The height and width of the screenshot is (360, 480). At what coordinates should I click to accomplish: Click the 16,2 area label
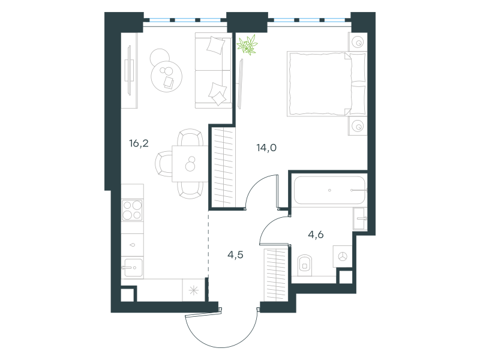tap(139, 143)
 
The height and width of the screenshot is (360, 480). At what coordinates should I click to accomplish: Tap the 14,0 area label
tap(266, 148)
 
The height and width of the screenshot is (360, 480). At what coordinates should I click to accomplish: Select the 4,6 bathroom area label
tap(316, 235)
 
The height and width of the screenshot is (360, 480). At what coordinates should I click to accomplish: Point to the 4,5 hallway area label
tap(235, 254)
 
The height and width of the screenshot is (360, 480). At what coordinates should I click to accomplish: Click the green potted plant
tap(247, 44)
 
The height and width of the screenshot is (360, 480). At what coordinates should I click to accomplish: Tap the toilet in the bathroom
tap(305, 265)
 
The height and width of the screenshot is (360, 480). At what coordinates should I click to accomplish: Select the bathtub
tap(329, 190)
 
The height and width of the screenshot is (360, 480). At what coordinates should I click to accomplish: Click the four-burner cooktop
tap(132, 210)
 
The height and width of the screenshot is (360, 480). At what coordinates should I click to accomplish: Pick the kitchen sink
tap(133, 268)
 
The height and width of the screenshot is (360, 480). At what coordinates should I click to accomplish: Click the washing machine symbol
tap(343, 256)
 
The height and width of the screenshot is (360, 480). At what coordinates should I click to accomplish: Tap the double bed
tap(327, 84)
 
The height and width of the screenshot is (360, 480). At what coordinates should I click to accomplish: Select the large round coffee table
tap(167, 76)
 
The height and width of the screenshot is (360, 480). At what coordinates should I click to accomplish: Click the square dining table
tap(190, 164)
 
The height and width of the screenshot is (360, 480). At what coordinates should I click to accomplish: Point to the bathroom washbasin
tap(360, 218)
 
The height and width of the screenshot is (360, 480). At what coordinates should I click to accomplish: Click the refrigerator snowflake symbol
tap(193, 290)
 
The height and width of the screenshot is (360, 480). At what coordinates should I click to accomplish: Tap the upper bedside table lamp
tap(358, 42)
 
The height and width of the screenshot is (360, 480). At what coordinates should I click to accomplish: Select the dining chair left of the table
tap(163, 164)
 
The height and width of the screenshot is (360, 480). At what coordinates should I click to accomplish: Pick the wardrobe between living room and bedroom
tap(222, 167)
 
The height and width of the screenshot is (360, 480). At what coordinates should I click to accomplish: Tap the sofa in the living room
tap(214, 70)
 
